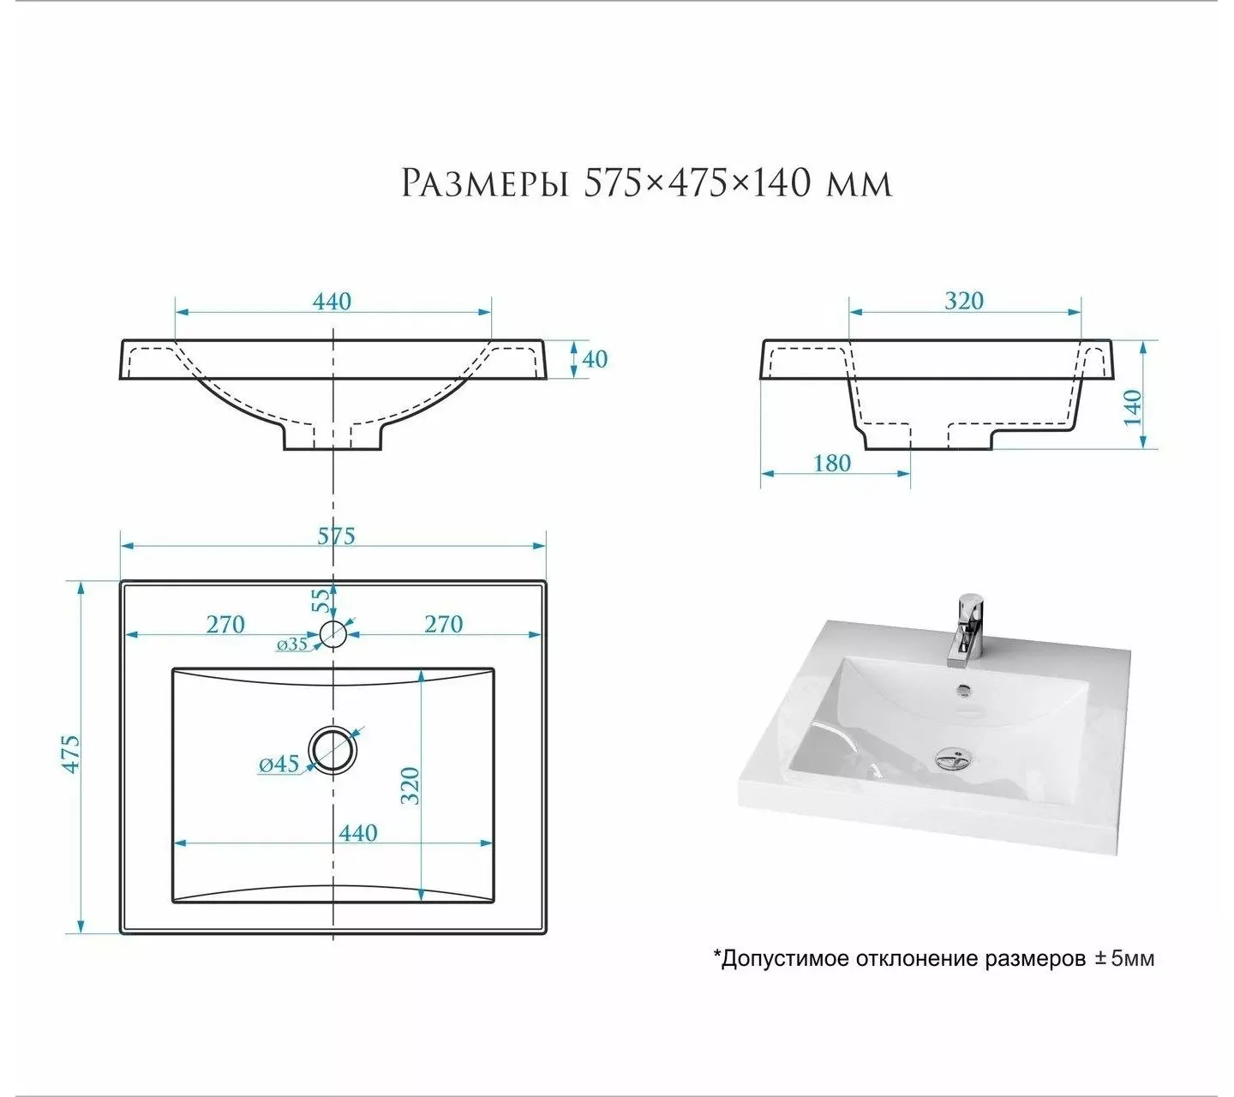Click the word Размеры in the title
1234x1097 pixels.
click(x=484, y=183)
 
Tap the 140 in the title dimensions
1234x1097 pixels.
click(x=782, y=183)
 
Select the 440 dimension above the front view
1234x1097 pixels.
click(x=332, y=302)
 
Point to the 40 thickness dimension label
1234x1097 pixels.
click(x=595, y=359)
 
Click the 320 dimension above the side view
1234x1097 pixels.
click(x=963, y=301)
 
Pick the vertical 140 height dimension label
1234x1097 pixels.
click(x=1132, y=407)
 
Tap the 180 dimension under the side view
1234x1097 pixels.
click(x=832, y=464)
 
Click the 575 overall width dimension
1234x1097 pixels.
click(x=336, y=536)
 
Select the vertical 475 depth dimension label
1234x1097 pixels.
click(x=71, y=755)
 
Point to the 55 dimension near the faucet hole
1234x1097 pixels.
click(x=320, y=601)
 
